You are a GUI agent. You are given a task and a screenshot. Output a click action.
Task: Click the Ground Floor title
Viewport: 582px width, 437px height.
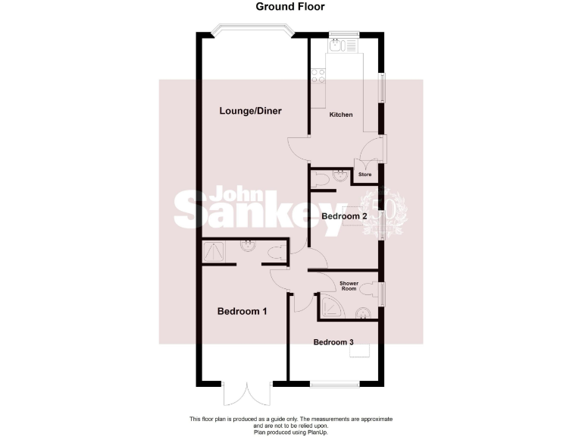pyautogui.click(x=290, y=7)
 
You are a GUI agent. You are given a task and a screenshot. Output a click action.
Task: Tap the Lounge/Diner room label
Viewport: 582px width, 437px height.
pyautogui.click(x=250, y=111)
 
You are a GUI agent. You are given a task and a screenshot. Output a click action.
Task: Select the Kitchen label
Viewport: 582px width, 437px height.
pyautogui.click(x=341, y=115)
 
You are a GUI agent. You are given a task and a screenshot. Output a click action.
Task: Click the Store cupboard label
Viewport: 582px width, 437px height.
pyautogui.click(x=365, y=175)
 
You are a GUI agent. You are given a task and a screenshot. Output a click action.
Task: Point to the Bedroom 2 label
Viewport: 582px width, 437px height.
pyautogui.click(x=344, y=216)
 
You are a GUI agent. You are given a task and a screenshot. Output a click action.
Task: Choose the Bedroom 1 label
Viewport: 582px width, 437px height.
pyautogui.click(x=242, y=311)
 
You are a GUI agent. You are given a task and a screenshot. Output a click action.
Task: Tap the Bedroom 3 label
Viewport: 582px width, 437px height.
pyautogui.click(x=333, y=342)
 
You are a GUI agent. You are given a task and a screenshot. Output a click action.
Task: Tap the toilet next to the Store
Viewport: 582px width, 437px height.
pyautogui.click(x=321, y=179)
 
